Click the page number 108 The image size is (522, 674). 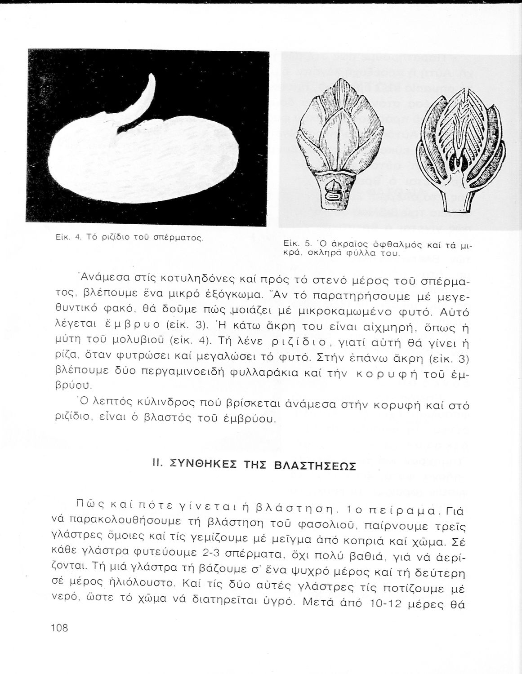pyautogui.click(x=59, y=627)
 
